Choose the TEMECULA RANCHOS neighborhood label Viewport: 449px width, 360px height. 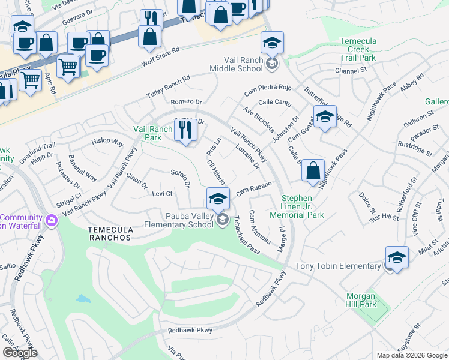click(x=109, y=238)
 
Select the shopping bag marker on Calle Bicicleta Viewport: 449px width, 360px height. click(x=313, y=171)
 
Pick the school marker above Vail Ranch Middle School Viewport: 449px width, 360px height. click(x=272, y=43)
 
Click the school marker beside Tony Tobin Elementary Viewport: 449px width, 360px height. click(x=396, y=257)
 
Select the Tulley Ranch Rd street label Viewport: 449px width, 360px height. click(x=168, y=88)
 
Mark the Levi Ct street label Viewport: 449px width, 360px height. click(x=162, y=194)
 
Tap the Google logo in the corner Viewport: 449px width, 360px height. click(x=20, y=353)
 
